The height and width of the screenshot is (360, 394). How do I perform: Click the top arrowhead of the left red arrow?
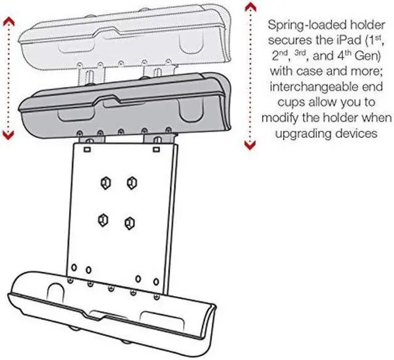coord(8,21)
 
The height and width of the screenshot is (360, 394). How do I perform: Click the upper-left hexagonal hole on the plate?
coord(106,183)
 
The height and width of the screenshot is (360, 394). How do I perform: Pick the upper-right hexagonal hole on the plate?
coord(131,183)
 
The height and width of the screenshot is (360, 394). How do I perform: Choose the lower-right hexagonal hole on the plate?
coord(129,222)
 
